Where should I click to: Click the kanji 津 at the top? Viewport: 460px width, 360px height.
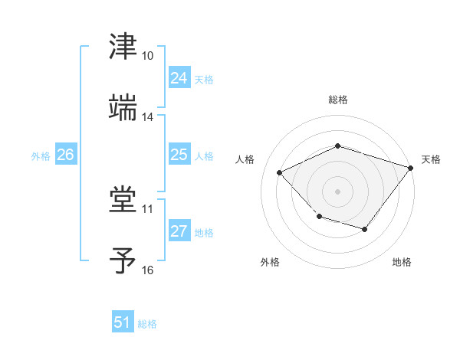[123, 47]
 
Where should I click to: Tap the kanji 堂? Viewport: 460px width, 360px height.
[123, 200]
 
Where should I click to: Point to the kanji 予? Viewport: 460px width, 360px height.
[123, 260]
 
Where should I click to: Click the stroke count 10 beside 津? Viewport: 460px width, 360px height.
[148, 57]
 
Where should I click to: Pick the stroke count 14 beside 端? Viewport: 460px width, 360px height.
[148, 117]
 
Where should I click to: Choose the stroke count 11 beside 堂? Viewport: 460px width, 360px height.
[148, 208]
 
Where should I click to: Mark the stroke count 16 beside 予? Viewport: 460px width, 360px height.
[148, 270]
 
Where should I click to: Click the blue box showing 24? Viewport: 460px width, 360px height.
[179, 78]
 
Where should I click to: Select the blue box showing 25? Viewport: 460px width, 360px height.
[179, 155]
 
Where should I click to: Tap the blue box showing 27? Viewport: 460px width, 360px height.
[179, 231]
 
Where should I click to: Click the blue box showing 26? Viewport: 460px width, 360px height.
[65, 155]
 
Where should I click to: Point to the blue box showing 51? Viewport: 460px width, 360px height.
[123, 322]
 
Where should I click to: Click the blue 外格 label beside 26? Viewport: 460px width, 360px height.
[41, 155]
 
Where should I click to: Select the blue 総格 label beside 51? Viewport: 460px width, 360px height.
[147, 323]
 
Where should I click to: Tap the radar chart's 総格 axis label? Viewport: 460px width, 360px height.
[337, 100]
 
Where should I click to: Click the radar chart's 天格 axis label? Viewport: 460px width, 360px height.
[431, 159]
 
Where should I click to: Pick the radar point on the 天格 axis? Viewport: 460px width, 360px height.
[411, 168]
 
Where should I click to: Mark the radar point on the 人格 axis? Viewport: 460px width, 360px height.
[280, 173]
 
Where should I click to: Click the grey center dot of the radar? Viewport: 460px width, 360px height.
[337, 191]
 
